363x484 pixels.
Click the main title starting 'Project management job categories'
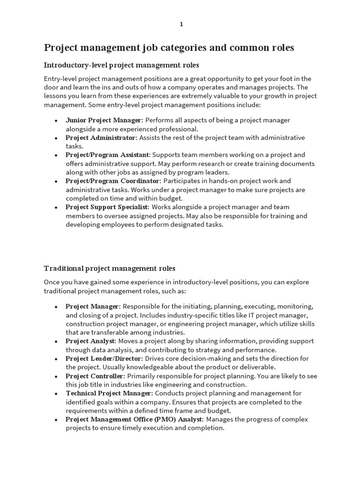point(169,48)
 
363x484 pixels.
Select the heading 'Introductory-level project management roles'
point(121,65)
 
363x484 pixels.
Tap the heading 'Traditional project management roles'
point(110,268)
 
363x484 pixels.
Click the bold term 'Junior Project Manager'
point(104,120)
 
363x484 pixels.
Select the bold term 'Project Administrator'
point(101,138)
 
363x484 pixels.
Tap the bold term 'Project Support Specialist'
point(107,207)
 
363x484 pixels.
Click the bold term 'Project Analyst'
point(90,341)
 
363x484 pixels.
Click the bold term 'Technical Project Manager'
point(109,393)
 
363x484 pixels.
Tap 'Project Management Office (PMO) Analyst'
point(134,419)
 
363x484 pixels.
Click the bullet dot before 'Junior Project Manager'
point(56,121)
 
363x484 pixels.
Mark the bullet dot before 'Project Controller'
point(56,376)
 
